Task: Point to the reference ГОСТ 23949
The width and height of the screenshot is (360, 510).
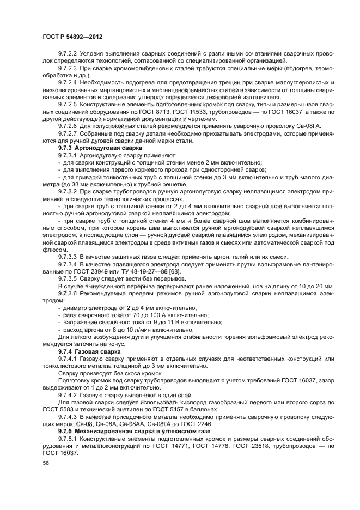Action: click(x=100, y=271)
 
